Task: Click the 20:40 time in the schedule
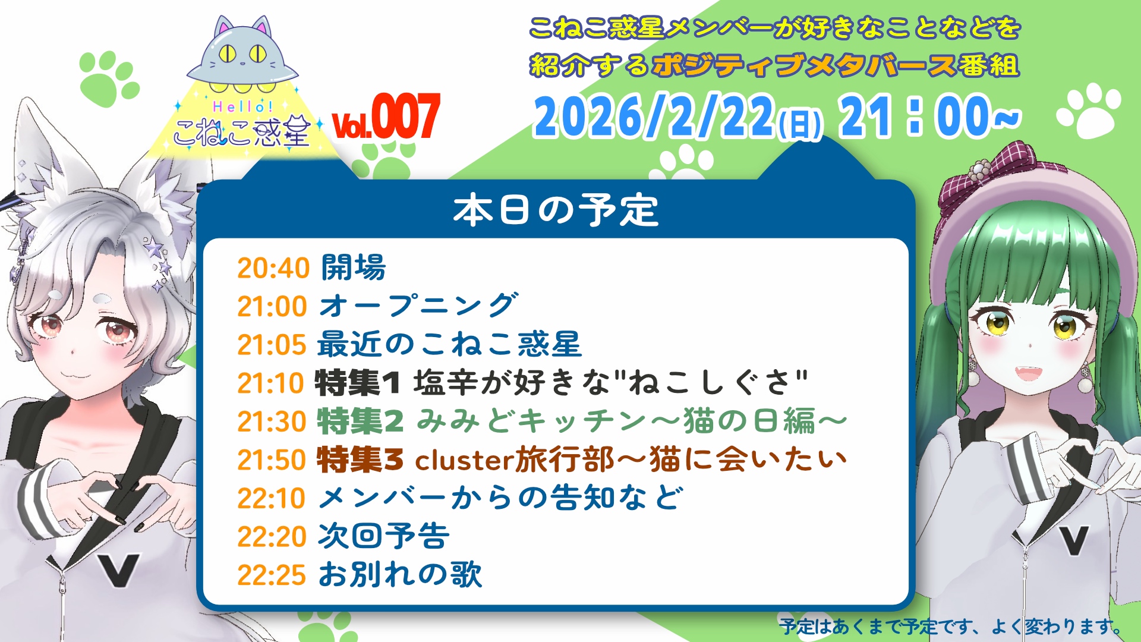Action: coord(273,268)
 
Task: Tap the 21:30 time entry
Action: coord(272,421)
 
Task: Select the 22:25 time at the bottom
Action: coord(272,575)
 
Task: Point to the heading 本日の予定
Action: coord(556,210)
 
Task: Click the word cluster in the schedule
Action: coord(464,460)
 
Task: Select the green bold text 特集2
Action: coord(360,421)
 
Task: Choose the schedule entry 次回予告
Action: coord(384,536)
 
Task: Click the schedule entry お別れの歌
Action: coord(400,575)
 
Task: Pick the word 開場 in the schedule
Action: coord(354,267)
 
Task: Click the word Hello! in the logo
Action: coord(242,107)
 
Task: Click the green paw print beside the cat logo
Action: coord(109,75)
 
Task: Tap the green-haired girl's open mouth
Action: coord(1030,374)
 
